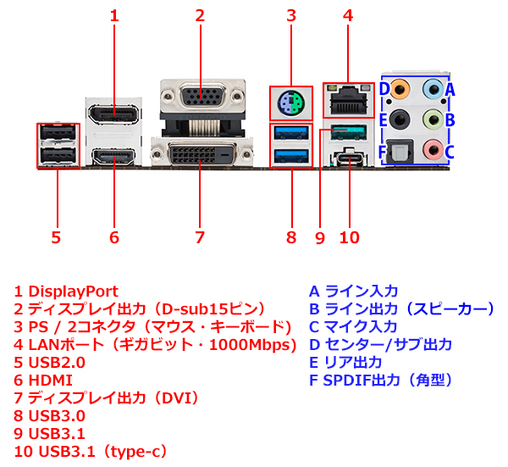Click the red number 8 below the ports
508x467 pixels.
point(291,237)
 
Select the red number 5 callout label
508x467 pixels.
point(56,237)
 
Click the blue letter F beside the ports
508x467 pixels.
point(382,153)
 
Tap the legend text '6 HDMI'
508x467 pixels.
point(43,380)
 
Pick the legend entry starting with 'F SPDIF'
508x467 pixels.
point(380,380)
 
